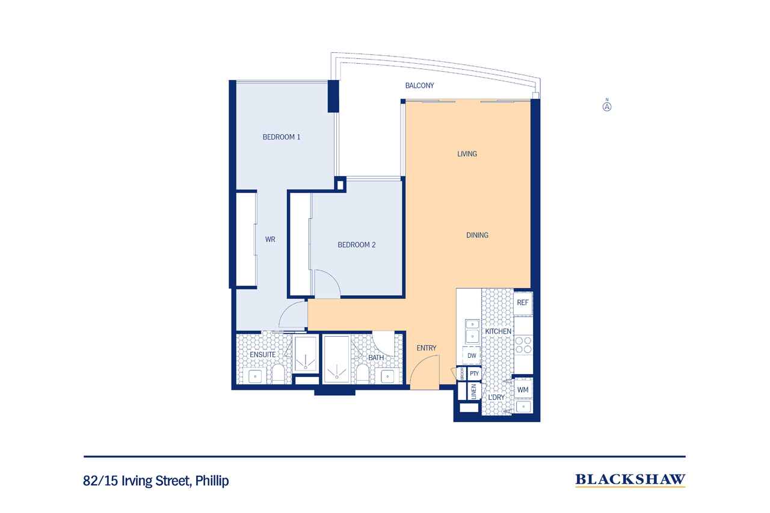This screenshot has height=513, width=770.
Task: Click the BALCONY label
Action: (x=419, y=86)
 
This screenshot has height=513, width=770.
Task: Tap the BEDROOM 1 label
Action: (x=281, y=137)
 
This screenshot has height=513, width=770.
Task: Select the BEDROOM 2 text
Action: (x=356, y=245)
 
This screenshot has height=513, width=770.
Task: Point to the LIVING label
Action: (x=467, y=154)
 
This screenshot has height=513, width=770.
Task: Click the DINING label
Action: (x=477, y=235)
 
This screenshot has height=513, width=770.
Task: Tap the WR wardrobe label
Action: (x=270, y=239)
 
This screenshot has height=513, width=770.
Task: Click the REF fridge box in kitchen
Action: (x=523, y=303)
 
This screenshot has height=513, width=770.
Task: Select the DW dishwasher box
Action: (x=472, y=356)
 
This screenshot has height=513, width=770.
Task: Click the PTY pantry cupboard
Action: (x=474, y=373)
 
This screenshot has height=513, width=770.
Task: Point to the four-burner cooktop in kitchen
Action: (x=523, y=345)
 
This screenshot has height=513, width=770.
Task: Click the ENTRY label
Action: (x=426, y=348)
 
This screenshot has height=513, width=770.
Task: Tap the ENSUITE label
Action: (x=263, y=355)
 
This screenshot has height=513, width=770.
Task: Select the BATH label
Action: (x=376, y=358)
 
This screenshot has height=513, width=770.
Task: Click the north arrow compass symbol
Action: (x=607, y=106)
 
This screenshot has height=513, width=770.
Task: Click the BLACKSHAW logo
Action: (x=630, y=479)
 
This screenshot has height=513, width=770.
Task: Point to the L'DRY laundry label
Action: (x=496, y=398)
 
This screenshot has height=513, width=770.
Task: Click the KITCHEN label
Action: (x=498, y=331)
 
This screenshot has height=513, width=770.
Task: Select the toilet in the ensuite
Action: (x=278, y=375)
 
